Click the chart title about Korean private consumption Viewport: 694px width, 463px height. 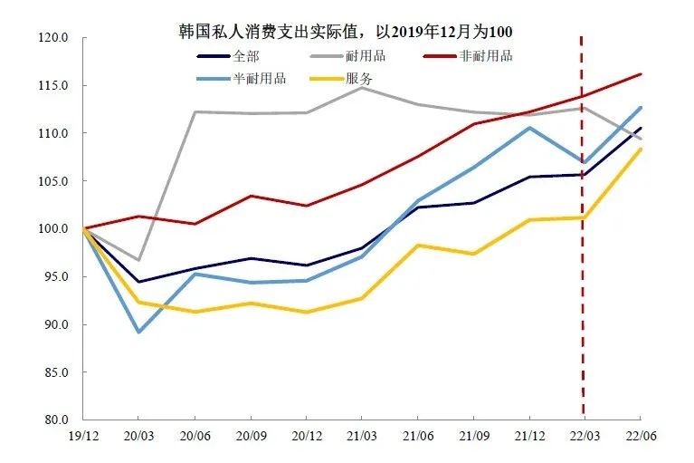pyautogui.click(x=346, y=31)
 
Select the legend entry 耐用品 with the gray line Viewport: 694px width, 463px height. pyautogui.click(x=366, y=56)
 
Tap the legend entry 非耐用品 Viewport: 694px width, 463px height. pyautogui.click(x=488, y=56)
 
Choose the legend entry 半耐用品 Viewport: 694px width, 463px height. pyautogui.click(x=259, y=78)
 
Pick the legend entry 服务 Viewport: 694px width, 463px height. pyautogui.click(x=359, y=78)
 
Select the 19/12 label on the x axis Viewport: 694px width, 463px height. pyautogui.click(x=82, y=436)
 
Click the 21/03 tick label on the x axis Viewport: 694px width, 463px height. pyautogui.click(x=361, y=436)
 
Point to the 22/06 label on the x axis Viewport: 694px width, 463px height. pyautogui.click(x=640, y=436)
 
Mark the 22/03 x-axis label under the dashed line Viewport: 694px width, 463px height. pyautogui.click(x=584, y=436)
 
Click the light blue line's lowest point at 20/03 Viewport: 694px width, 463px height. pyautogui.click(x=138, y=332)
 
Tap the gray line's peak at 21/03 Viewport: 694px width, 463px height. pyautogui.click(x=361, y=88)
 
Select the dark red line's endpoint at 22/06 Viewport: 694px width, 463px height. pyautogui.click(x=640, y=74)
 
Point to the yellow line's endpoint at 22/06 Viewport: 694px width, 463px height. pyautogui.click(x=640, y=150)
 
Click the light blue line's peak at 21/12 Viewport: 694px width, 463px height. pyautogui.click(x=528, y=128)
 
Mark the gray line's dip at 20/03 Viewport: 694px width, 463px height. pyautogui.click(x=138, y=260)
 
